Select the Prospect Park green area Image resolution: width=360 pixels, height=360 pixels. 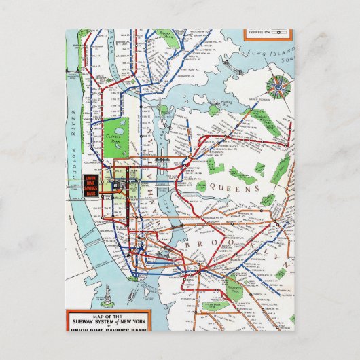coord(235,285)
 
